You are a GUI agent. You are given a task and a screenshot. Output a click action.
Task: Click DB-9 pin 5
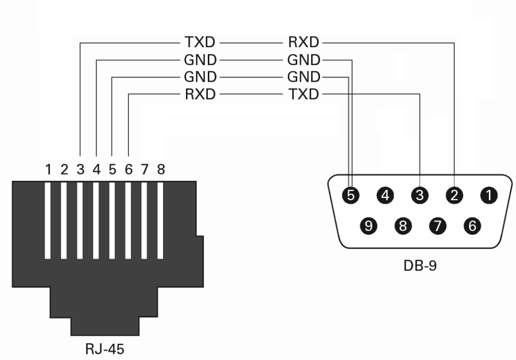click(351, 195)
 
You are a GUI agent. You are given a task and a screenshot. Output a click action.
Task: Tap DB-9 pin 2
click(455, 195)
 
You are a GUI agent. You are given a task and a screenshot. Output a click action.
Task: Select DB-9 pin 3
click(420, 195)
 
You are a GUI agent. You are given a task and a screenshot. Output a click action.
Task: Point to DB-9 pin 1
click(489, 195)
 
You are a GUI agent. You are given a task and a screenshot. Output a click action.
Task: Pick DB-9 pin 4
click(385, 195)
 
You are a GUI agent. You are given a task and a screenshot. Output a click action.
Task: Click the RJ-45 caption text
click(105, 350)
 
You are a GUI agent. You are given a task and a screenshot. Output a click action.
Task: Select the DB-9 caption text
click(420, 264)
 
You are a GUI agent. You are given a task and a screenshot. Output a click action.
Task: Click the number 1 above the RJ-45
click(48, 170)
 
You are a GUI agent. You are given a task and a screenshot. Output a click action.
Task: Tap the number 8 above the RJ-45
click(161, 170)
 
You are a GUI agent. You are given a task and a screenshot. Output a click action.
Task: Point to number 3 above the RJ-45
click(80, 170)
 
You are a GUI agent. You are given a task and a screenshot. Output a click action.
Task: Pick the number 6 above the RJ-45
click(129, 170)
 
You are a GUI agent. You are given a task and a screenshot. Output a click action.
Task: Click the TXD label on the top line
click(200, 43)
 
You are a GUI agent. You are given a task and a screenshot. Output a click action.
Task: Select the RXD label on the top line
click(303, 43)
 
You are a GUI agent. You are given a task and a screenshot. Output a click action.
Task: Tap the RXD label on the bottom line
click(200, 94)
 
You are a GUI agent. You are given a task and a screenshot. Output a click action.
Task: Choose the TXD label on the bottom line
click(303, 94)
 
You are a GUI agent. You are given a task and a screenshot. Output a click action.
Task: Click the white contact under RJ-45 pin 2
click(64, 221)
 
